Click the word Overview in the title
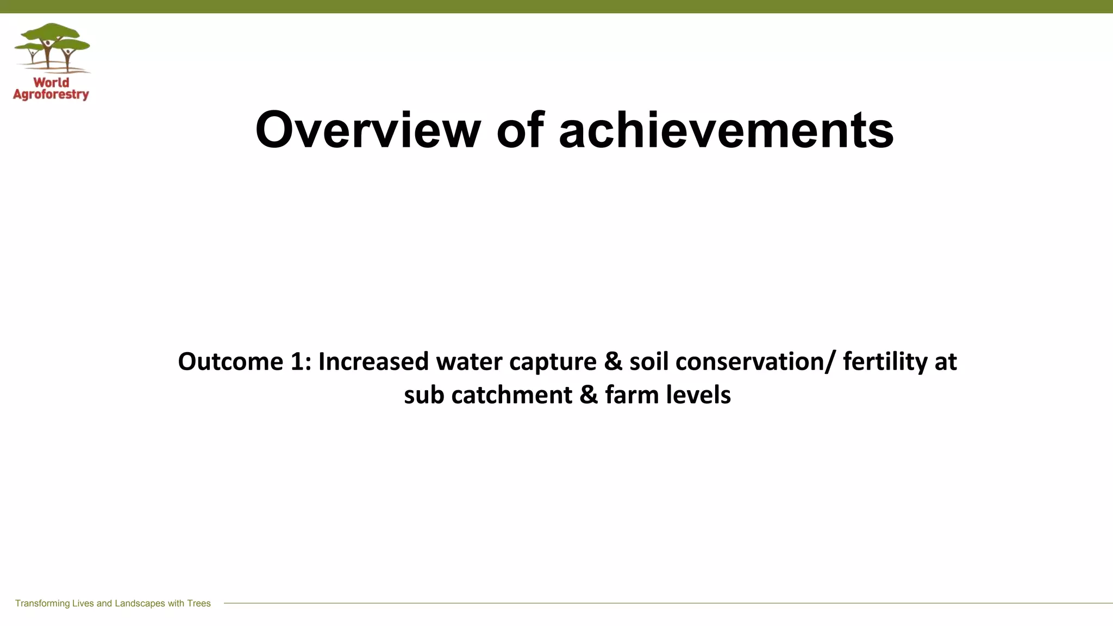point(368,130)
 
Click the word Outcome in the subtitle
point(230,362)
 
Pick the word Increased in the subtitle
point(373,362)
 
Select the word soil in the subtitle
point(649,362)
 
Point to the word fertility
point(885,362)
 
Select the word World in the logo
point(52,83)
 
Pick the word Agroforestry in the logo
point(51,95)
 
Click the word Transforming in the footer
point(42,604)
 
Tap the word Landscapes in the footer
point(140,604)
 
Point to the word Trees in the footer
point(199,604)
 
